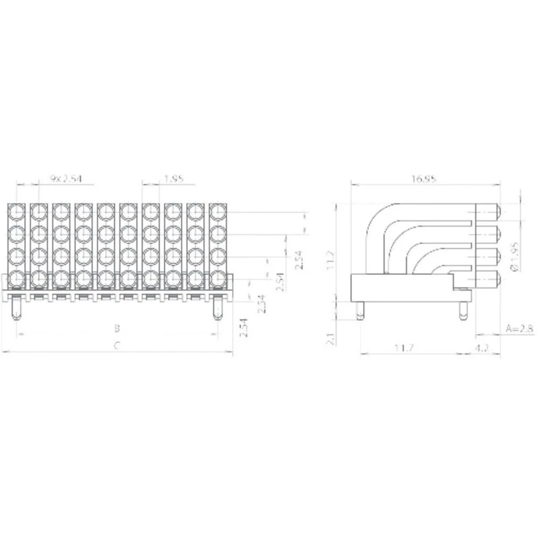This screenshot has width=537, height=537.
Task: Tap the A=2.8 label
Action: pyautogui.click(x=520, y=329)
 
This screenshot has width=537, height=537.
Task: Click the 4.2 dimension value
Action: pyautogui.click(x=482, y=348)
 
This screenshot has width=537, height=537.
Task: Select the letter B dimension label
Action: pyautogui.click(x=117, y=328)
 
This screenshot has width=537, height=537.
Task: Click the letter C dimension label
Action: pyautogui.click(x=117, y=346)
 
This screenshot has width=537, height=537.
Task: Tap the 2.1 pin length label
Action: pyautogui.click(x=330, y=338)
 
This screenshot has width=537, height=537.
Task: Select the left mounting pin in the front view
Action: pyautogui.click(x=17, y=309)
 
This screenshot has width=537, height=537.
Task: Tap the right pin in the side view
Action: pyautogui.click(x=463, y=311)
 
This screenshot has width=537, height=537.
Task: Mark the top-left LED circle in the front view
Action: pyautogui.click(x=17, y=212)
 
